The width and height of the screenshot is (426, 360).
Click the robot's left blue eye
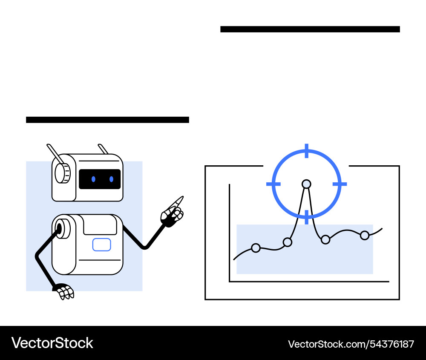point(93,179)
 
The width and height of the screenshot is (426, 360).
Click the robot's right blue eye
point(111,179)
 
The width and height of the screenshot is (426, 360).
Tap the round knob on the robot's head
point(63,173)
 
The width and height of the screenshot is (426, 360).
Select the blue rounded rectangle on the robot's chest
point(102,245)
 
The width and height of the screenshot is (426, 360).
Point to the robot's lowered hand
point(64,291)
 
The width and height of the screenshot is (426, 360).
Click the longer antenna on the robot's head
point(55,154)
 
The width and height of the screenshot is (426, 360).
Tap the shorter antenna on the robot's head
point(103,149)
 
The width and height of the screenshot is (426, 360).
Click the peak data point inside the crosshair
point(306,184)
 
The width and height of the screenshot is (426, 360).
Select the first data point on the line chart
point(256,248)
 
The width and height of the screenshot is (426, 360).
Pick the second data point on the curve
point(288,242)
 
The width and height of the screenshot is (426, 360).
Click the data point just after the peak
point(325,239)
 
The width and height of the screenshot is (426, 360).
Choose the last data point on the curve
point(365,235)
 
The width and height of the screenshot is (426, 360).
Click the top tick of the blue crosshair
point(307,151)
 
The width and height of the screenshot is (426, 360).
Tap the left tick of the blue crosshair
point(273,184)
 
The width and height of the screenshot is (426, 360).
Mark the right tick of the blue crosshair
point(340,184)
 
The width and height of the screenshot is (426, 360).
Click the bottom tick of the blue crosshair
point(307,217)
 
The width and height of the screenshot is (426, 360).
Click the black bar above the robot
point(108,120)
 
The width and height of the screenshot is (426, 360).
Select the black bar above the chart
point(310,29)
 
